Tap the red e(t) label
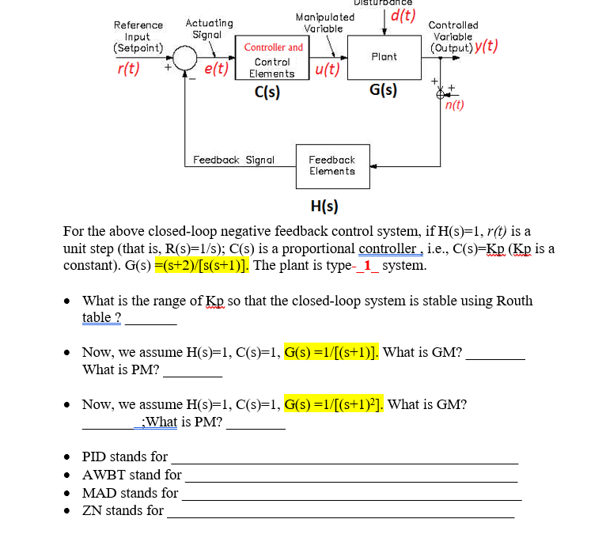tap(216, 69)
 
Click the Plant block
tap(383, 57)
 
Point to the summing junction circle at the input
tap(186, 58)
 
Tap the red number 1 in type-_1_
tap(366, 265)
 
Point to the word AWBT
tap(103, 475)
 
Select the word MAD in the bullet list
tap(98, 493)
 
